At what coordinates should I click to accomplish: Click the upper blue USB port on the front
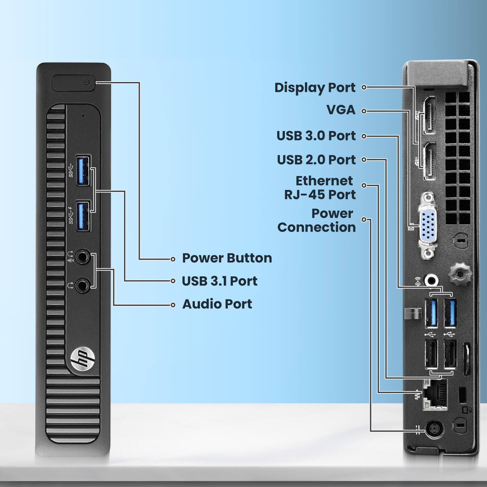click(x=83, y=171)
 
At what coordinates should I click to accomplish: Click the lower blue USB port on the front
click(x=83, y=216)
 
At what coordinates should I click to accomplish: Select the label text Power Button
click(x=227, y=258)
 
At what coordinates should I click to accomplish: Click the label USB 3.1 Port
click(x=219, y=281)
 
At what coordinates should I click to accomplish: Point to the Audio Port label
click(x=217, y=304)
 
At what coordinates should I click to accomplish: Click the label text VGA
click(x=341, y=110)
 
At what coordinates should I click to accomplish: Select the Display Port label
click(x=315, y=87)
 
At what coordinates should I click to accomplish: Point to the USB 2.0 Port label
click(x=316, y=159)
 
